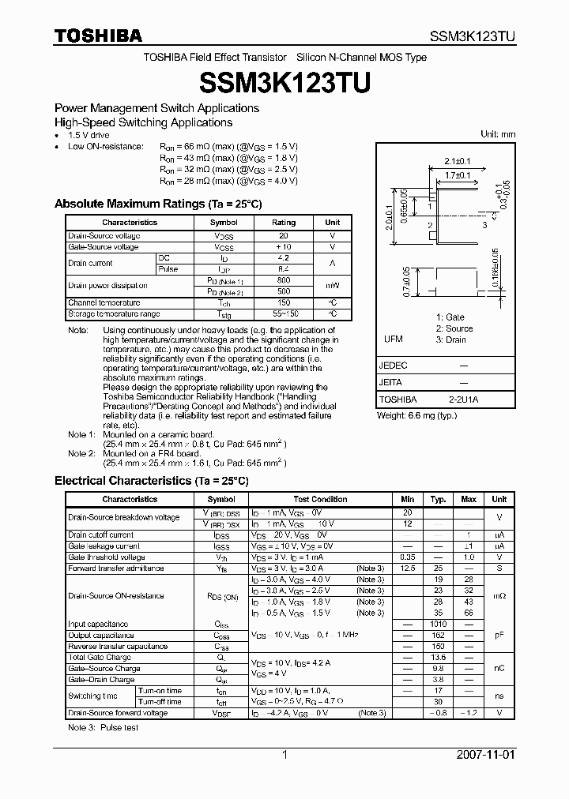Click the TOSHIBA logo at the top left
98,36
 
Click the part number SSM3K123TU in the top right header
473,36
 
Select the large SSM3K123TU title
284,81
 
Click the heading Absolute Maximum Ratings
157,204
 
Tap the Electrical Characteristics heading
151,480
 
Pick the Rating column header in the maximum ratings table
284,223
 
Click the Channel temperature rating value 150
284,302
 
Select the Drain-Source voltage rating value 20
284,236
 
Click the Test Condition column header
320,499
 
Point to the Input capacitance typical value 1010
437,624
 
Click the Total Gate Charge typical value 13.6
437,657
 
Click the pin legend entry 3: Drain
450,339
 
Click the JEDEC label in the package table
393,366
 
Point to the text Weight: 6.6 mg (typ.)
416,415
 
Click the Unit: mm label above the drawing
498,134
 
